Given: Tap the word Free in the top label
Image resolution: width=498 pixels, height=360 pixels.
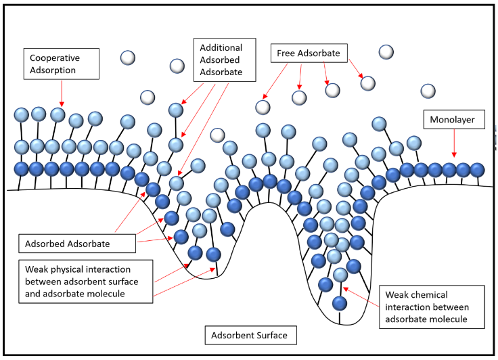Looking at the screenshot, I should pyautogui.click(x=286, y=52).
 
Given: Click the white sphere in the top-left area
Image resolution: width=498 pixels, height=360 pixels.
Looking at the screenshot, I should pyautogui.click(x=128, y=58).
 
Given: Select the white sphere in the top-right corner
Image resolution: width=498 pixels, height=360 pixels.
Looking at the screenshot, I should pyautogui.click(x=386, y=51).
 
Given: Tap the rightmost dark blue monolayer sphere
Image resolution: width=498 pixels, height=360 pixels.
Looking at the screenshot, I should pyautogui.click(x=478, y=169).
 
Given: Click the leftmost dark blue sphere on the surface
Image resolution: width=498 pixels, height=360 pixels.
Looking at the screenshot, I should pyautogui.click(x=22, y=168).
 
